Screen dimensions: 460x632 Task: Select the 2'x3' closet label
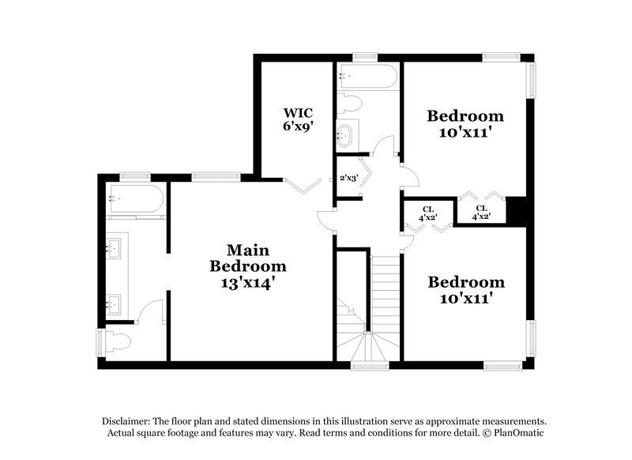(348, 179)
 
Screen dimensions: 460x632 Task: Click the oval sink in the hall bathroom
(346, 135)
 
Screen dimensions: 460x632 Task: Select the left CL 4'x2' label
(427, 213)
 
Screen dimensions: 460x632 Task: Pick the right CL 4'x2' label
(481, 213)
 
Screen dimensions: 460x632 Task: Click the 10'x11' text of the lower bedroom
(465, 298)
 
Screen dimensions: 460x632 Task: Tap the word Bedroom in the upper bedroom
(465, 116)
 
